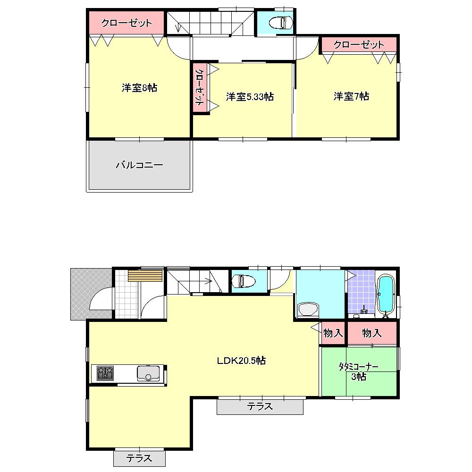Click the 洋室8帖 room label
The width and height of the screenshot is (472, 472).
139,87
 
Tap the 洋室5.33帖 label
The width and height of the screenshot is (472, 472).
250,97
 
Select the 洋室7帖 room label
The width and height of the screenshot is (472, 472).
351,96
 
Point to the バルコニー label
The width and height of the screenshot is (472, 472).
139,165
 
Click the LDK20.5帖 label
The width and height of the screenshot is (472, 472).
241,361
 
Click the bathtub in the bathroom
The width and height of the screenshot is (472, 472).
386,295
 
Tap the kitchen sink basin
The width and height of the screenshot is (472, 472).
148,373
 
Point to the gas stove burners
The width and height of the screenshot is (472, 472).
105,373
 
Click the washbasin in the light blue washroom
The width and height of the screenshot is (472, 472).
309,310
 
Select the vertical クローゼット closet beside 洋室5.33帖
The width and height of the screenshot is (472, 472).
200,88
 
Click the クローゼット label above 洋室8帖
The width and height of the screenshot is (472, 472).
126,23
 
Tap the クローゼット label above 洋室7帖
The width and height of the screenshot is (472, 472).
359,45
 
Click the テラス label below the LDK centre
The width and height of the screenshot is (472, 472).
260,406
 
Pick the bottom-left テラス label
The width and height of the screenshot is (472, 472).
139,458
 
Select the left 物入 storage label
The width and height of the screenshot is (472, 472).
333,333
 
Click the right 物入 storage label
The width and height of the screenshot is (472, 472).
372,333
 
